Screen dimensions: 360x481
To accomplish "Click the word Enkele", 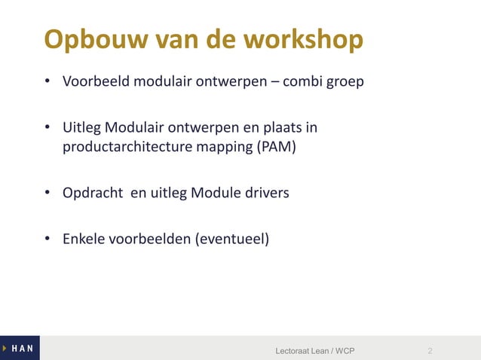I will (83, 239).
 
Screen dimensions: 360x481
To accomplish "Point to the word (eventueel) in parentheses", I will (231, 239).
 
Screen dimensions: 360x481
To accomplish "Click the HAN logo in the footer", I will (20, 349).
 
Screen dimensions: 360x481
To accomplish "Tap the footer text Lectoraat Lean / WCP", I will (315, 351).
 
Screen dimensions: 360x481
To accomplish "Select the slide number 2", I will (430, 351).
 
